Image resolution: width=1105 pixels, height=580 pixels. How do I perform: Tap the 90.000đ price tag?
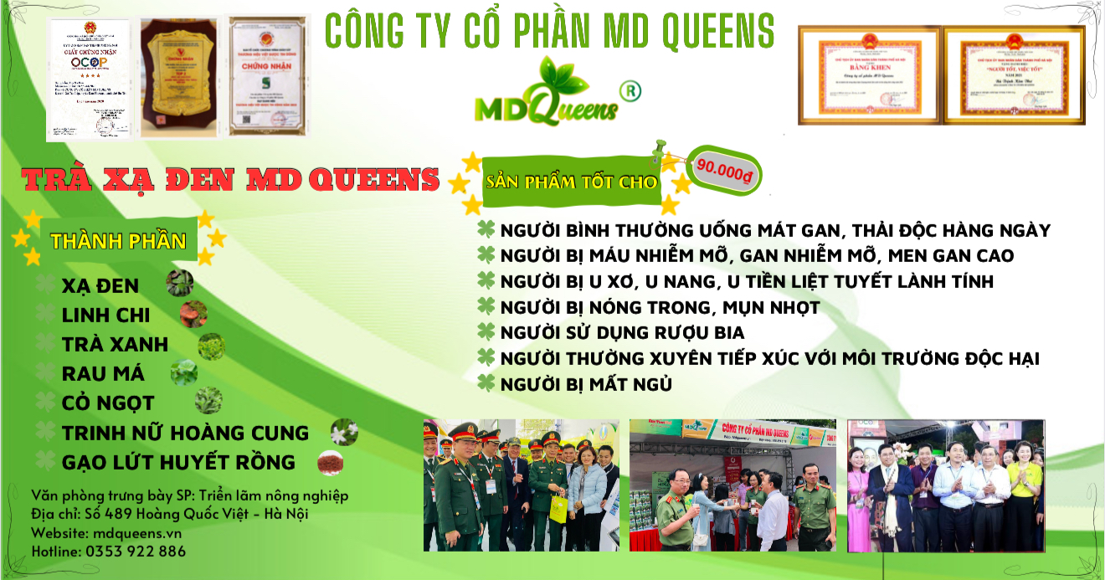[x=723, y=168]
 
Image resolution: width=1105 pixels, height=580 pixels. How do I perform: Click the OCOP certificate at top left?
[x=90, y=77]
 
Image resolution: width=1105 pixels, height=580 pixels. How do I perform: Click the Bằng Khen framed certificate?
[x=868, y=75]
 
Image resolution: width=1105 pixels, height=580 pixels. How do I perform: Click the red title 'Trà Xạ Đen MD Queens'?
[x=231, y=179]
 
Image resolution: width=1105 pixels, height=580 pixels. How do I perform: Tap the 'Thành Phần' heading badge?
[x=118, y=241]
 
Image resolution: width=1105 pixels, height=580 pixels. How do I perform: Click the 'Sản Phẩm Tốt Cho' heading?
[x=573, y=182]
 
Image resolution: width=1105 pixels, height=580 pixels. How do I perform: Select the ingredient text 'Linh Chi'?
[x=105, y=315]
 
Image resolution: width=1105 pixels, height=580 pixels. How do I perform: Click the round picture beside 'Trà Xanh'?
[x=210, y=345]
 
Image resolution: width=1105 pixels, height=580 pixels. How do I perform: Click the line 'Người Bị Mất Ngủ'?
[x=586, y=384]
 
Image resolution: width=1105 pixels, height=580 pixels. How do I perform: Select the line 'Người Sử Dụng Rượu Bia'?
[x=622, y=332]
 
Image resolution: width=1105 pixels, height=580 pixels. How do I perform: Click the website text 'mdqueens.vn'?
[x=136, y=532]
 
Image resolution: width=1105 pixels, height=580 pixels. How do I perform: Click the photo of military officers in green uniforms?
[x=521, y=485]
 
